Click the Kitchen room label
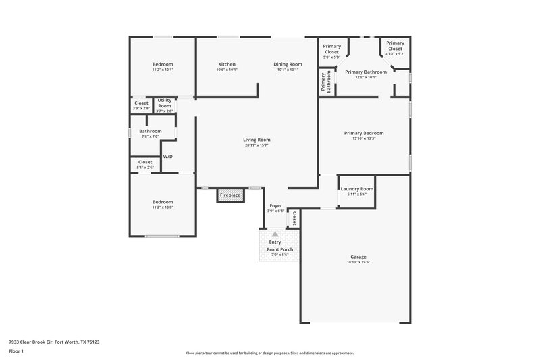227,64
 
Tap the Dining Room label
288,64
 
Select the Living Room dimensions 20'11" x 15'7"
256,145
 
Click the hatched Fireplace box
230,195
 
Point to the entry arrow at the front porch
275,234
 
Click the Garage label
358,257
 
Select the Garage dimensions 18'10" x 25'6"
358,262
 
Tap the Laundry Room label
356,189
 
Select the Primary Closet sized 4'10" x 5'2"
395,46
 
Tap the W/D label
167,157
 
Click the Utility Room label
165,103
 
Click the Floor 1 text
16,352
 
